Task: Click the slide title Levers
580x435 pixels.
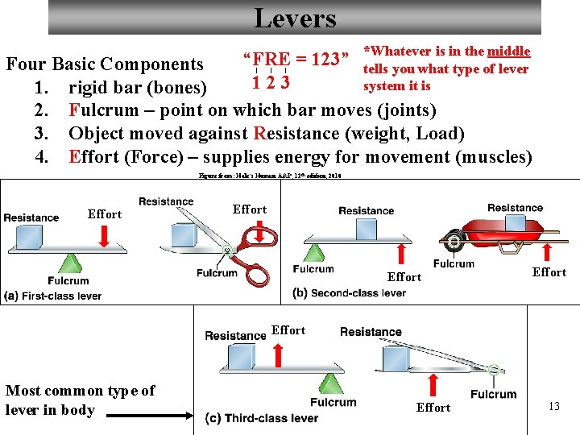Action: point(295,17)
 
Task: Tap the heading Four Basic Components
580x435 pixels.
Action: point(105,64)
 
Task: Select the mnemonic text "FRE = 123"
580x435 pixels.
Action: point(296,60)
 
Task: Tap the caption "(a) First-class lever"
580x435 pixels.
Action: point(53,296)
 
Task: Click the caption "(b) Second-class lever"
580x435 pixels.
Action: point(350,292)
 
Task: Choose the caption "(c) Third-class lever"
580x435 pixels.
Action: point(262,418)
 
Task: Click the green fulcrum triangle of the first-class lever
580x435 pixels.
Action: point(71,263)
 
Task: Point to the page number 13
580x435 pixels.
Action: point(553,407)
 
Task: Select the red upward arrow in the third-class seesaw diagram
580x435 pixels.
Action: point(277,354)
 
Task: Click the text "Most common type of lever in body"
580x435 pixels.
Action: point(80,400)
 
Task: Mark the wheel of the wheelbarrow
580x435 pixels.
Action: point(454,240)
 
